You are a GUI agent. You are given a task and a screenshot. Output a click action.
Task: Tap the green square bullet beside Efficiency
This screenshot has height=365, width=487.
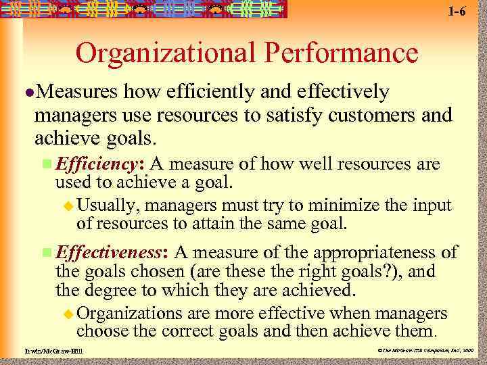tap(46, 164)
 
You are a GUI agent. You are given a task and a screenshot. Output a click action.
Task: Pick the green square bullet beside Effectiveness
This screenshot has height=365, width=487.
tap(46, 253)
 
